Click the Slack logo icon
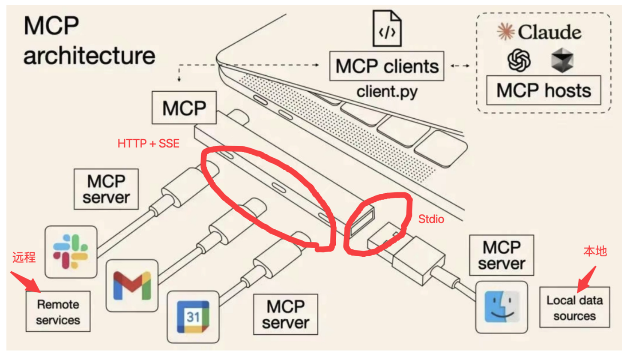pyautogui.click(x=71, y=252)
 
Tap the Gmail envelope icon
pyautogui.click(x=132, y=286)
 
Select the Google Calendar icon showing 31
pyautogui.click(x=193, y=317)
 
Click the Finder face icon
pyautogui.click(x=502, y=307)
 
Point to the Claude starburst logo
pyautogui.click(x=505, y=32)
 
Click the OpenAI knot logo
pyautogui.click(x=519, y=60)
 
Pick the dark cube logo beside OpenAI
pyautogui.click(x=562, y=60)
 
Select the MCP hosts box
pyautogui.click(x=543, y=90)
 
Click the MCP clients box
pyautogui.click(x=387, y=66)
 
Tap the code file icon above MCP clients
pyautogui.click(x=387, y=29)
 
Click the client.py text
pyautogui.click(x=387, y=91)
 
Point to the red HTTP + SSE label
pyautogui.click(x=148, y=144)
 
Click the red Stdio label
pyautogui.click(x=431, y=219)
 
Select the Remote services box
pyautogui.click(x=58, y=312)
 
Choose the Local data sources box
pyautogui.click(x=574, y=308)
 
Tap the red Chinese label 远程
pyautogui.click(x=24, y=257)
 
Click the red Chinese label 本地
pyautogui.click(x=595, y=251)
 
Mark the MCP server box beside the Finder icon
pyautogui.click(x=502, y=255)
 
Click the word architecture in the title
pyautogui.click(x=89, y=56)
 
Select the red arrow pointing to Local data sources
pyautogui.click(x=586, y=279)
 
